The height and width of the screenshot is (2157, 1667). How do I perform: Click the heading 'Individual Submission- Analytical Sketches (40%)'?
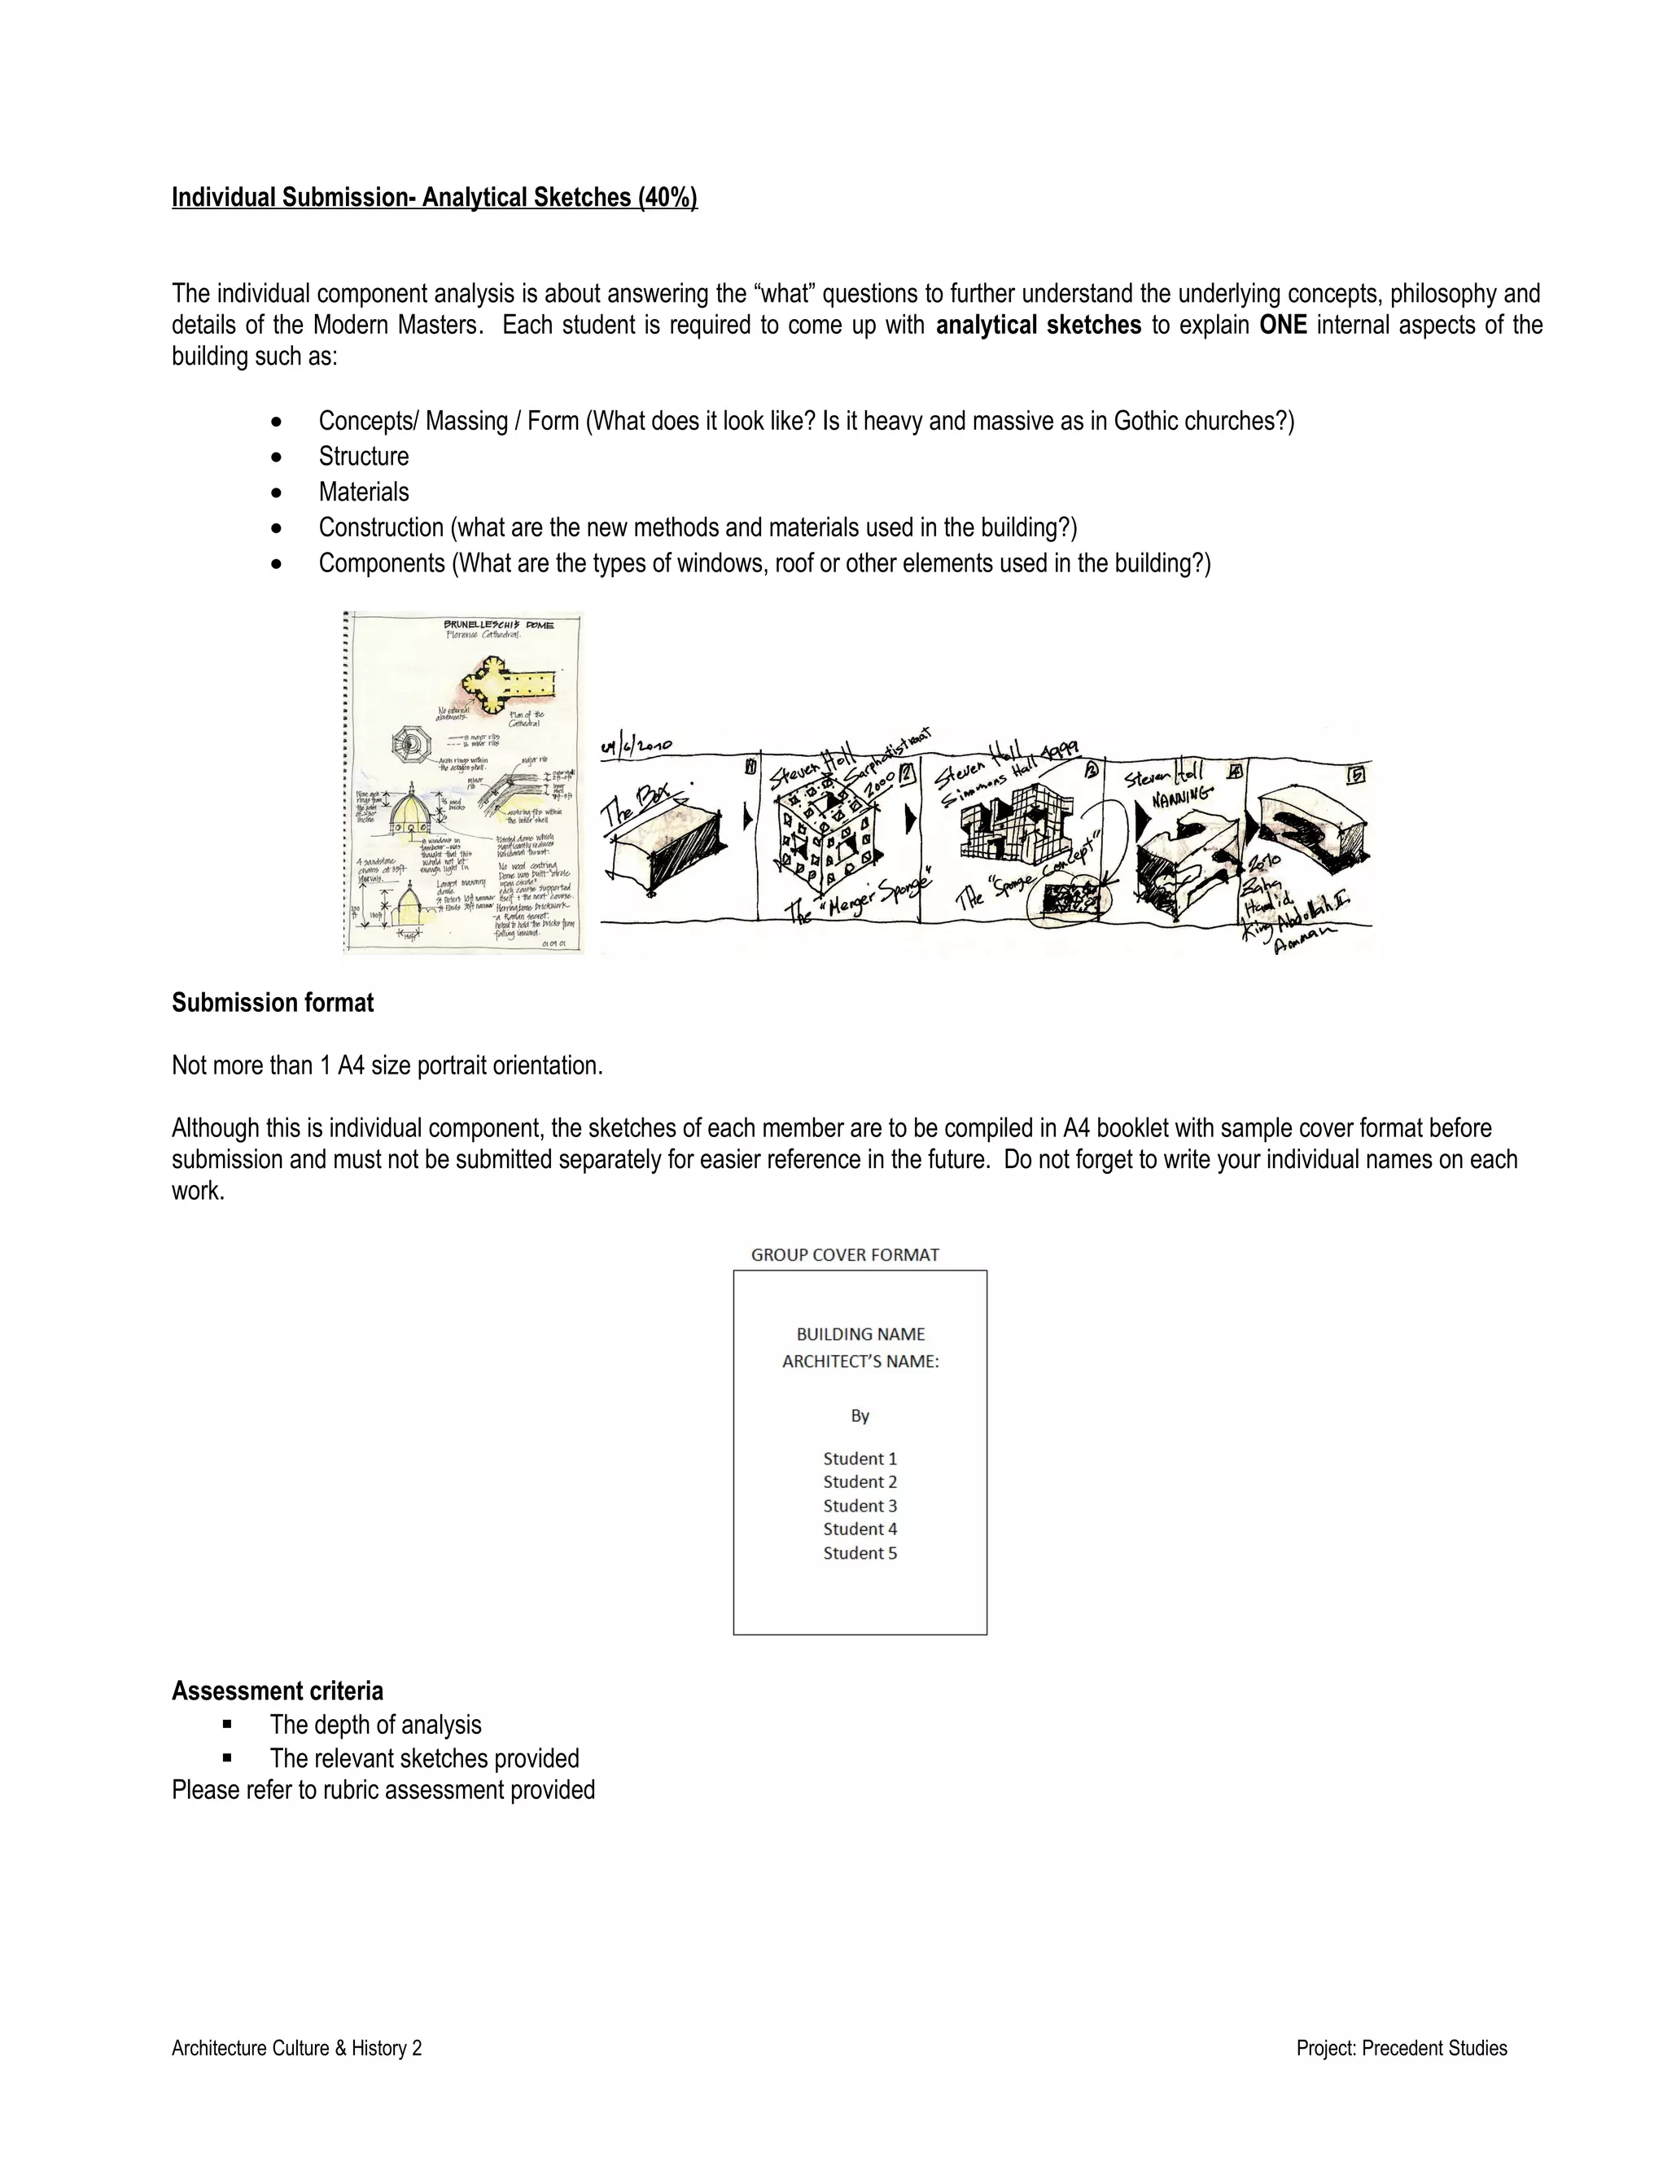click(435, 198)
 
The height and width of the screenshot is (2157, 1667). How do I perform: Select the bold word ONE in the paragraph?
click(1282, 325)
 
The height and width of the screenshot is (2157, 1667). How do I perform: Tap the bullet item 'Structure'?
click(363, 457)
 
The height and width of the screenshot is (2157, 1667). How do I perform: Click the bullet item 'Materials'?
click(363, 492)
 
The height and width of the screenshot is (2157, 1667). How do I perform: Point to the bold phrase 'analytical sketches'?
click(1038, 325)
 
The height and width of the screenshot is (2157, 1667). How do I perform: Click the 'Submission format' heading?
click(273, 1003)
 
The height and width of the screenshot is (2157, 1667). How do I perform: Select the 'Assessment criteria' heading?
click(278, 1691)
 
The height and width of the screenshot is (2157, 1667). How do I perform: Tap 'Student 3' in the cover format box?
click(860, 1506)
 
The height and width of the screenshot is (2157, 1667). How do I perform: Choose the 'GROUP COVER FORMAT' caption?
click(844, 1255)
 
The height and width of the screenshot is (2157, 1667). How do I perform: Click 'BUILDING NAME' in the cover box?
click(860, 1334)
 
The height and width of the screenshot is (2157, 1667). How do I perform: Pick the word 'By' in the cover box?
click(860, 1416)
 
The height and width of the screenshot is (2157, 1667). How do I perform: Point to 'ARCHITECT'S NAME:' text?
click(860, 1362)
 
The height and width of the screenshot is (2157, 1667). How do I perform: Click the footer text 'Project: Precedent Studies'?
click(1402, 2049)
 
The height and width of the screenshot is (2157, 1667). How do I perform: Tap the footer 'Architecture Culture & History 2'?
click(296, 2049)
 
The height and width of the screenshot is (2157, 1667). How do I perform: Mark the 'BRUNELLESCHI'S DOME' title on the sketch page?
click(499, 625)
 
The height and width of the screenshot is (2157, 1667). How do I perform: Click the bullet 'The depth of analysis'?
click(375, 1725)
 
